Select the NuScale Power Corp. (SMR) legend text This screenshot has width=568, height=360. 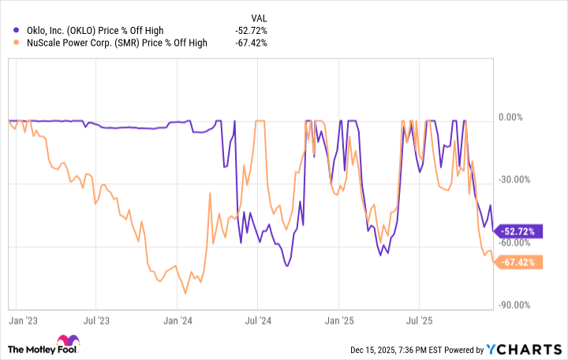point(110,43)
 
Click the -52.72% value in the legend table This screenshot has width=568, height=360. point(251,30)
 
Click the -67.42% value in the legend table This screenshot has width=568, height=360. point(251,43)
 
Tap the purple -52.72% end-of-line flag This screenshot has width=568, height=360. point(518,232)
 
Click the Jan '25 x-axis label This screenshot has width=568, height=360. point(339,321)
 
